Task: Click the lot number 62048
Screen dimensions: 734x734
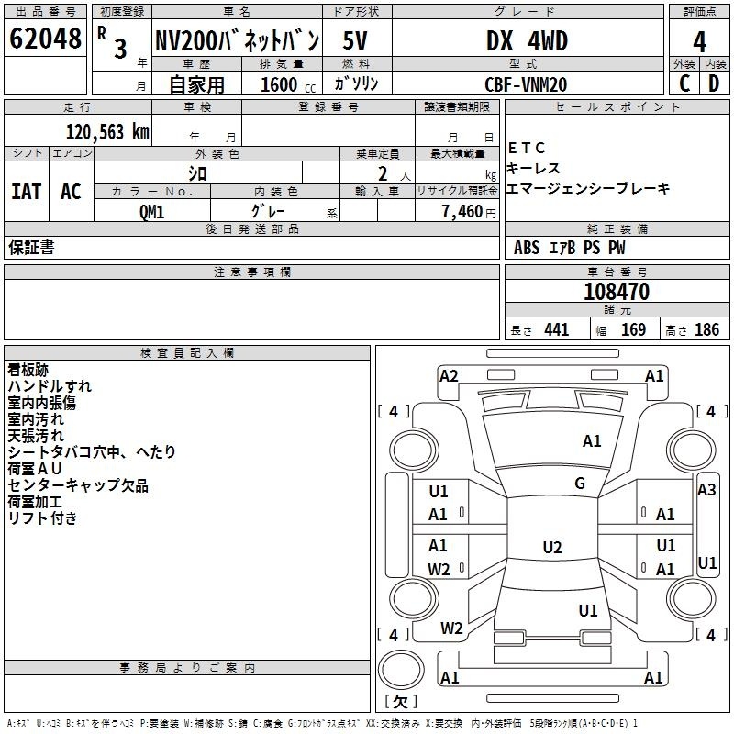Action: pos(45,39)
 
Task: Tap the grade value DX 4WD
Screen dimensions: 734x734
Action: pos(527,40)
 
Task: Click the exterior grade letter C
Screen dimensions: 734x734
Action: pos(684,83)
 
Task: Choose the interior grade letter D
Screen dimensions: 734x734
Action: pos(714,83)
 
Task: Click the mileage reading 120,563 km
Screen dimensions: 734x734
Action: pos(108,131)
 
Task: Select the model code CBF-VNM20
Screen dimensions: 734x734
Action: pos(526,83)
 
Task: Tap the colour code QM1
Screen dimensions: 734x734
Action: pos(151,210)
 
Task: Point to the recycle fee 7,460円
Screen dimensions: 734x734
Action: pos(463,211)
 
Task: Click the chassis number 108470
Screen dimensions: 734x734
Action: pos(617,292)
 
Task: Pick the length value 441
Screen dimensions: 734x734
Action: pos(556,329)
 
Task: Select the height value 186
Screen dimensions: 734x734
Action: pos(707,329)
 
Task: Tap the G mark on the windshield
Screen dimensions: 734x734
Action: pos(580,484)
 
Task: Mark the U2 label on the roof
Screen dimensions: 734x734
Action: pos(551,548)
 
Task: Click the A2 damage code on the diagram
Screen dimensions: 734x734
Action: pos(449,375)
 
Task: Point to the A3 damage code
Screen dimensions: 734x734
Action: pos(706,490)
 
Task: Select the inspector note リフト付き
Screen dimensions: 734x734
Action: pos(43,517)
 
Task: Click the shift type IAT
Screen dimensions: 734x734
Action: pos(26,192)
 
